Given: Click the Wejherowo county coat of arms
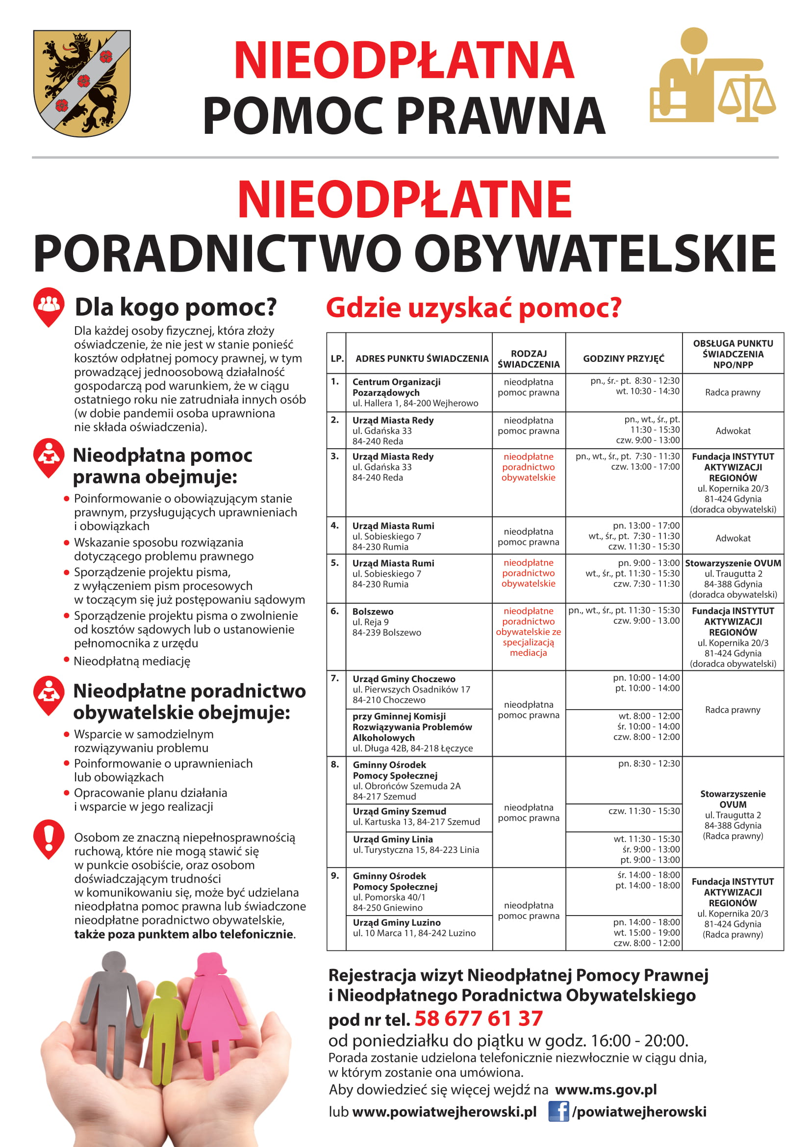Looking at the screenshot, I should click(x=82, y=83).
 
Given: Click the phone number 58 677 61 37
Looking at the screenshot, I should click(x=478, y=1018).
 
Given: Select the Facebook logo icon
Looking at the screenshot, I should click(x=558, y=1111).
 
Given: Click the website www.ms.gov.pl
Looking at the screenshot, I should click(x=606, y=1089).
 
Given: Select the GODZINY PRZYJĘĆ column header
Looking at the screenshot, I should click(x=623, y=358).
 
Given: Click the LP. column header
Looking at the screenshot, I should click(x=336, y=358).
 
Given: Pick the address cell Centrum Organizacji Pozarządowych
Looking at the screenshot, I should click(x=414, y=392).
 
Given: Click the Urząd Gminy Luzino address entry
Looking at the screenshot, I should click(x=414, y=927).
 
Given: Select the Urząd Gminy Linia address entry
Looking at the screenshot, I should click(x=415, y=844).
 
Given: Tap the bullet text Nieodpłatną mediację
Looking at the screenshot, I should click(x=132, y=661).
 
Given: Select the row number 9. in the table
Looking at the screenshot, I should click(x=334, y=875).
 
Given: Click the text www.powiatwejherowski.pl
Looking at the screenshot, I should click(x=444, y=1112).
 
